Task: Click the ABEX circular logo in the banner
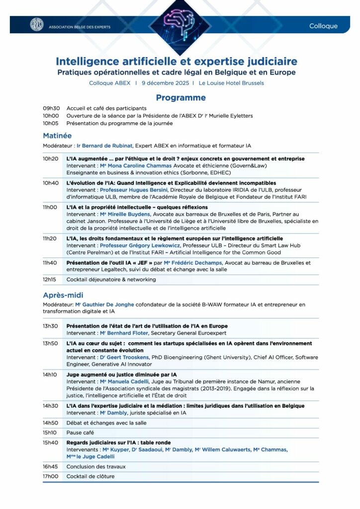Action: (x=37, y=24)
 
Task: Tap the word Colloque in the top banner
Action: (x=323, y=26)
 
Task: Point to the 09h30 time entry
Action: (x=51, y=108)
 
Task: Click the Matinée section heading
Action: (x=57, y=135)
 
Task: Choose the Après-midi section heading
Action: (x=63, y=295)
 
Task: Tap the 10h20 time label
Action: (x=50, y=159)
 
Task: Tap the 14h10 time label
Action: (x=50, y=374)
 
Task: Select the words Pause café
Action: (x=80, y=432)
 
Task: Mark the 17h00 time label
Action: (x=50, y=476)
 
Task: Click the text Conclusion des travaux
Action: (x=96, y=467)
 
